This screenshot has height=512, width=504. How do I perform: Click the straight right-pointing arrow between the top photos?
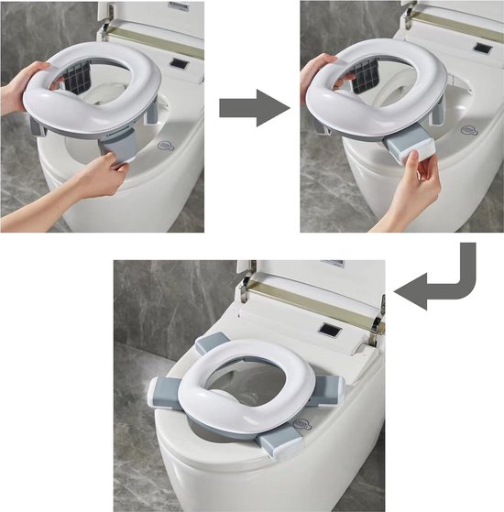pos(254,108)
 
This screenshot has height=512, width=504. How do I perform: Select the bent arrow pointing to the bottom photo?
pos(447,288)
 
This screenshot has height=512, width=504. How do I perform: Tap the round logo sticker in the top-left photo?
pos(165,145)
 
